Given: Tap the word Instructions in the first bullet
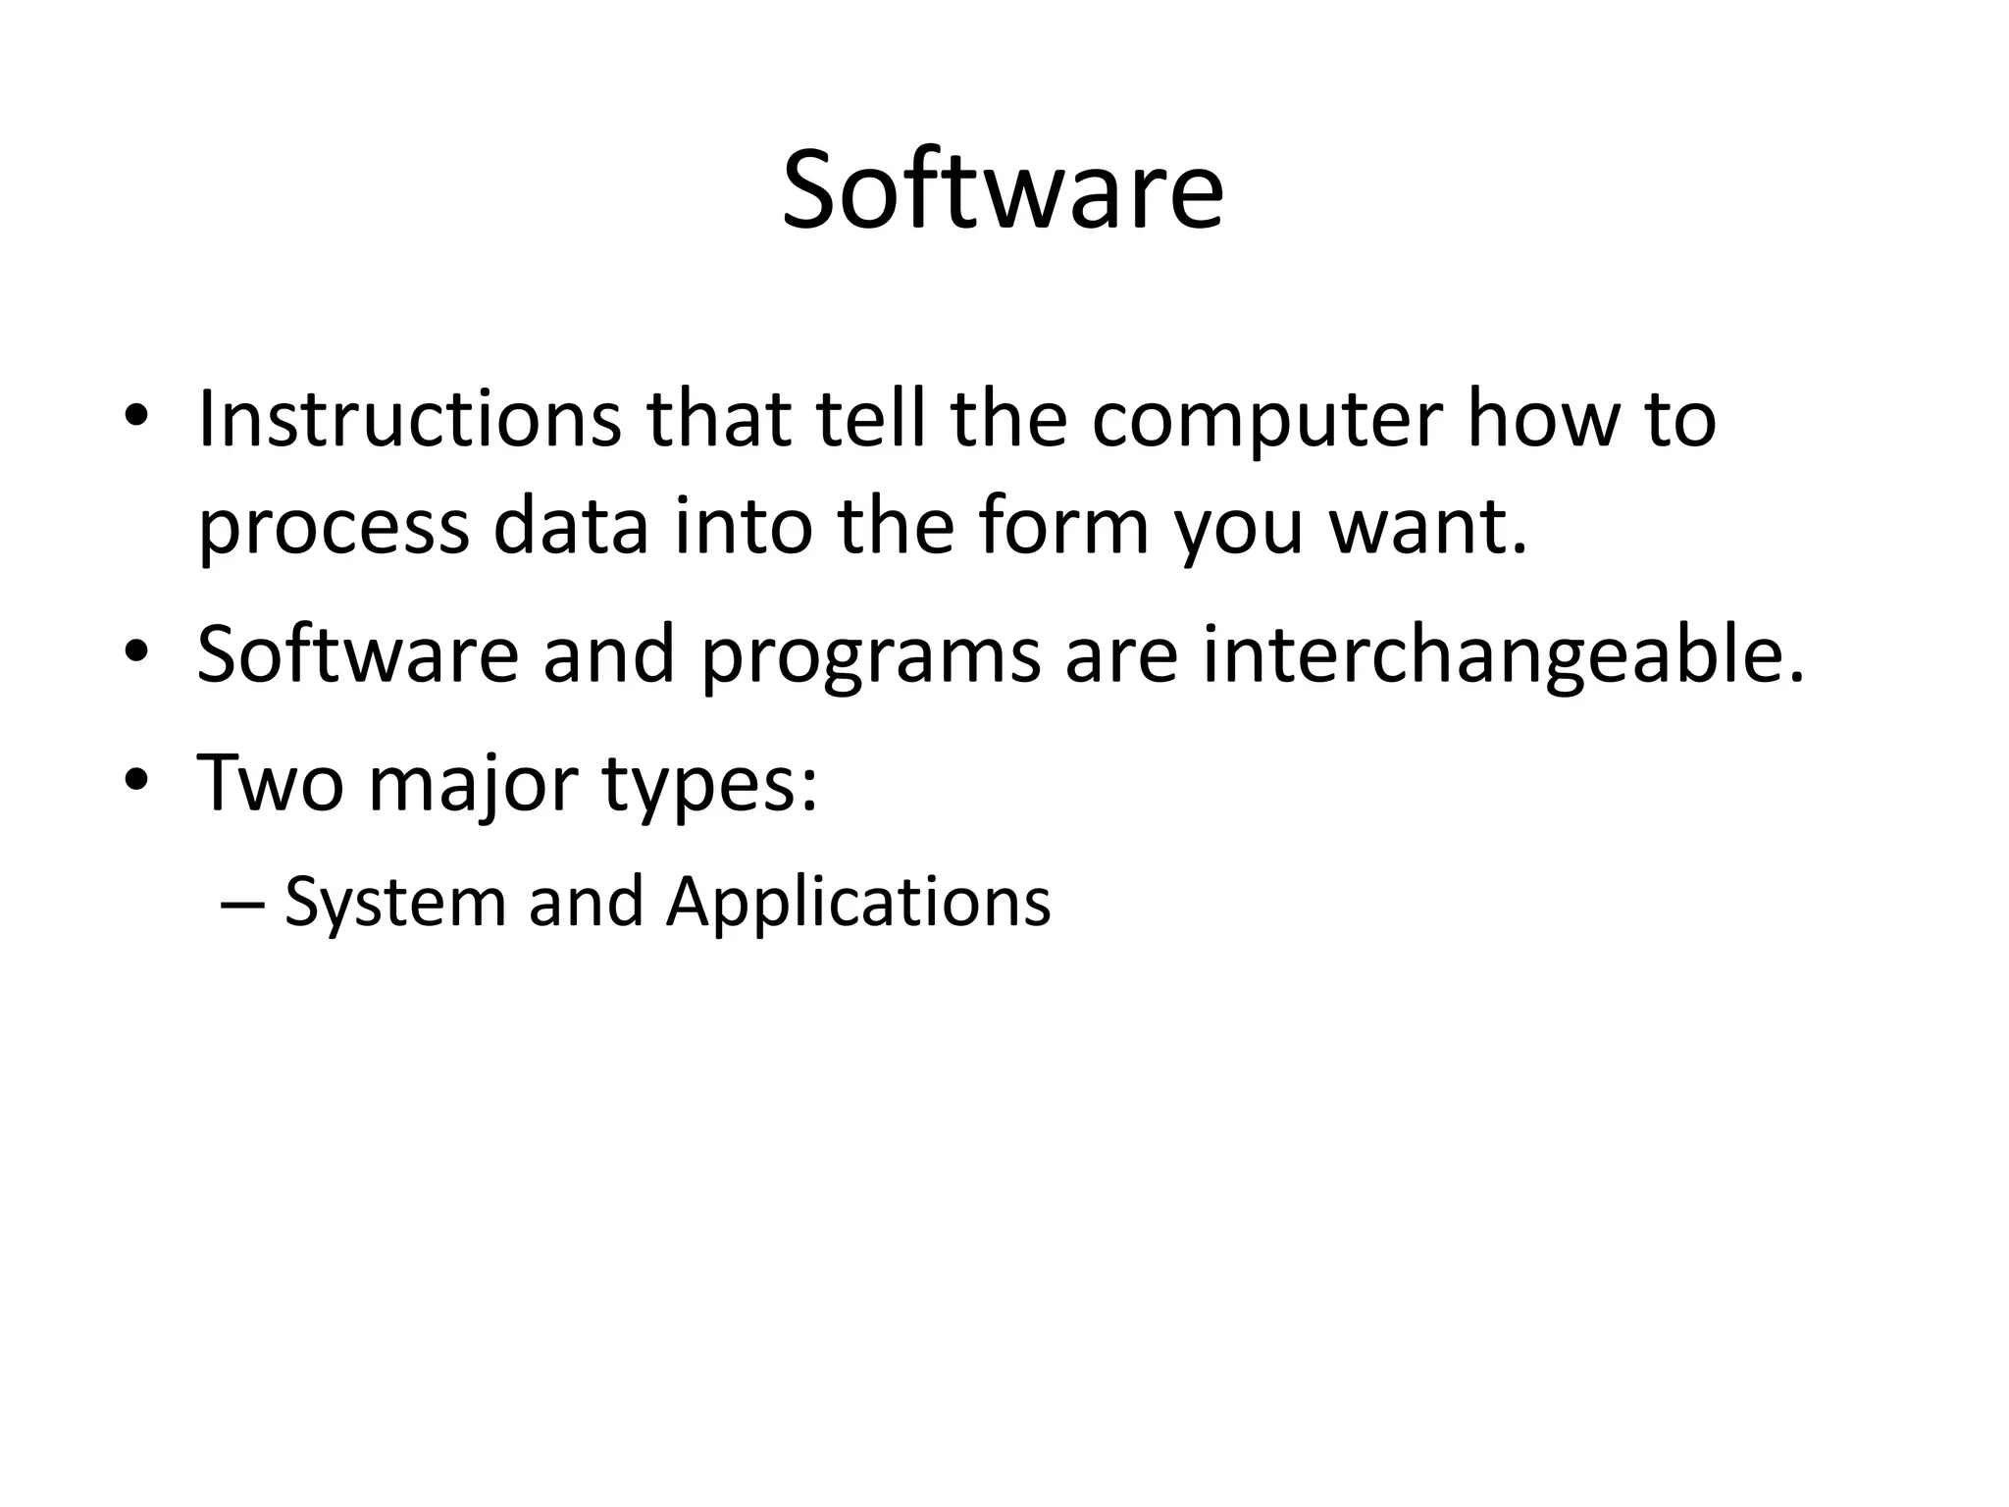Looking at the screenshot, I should click(x=409, y=419).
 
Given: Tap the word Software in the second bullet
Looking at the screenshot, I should click(x=357, y=654).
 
